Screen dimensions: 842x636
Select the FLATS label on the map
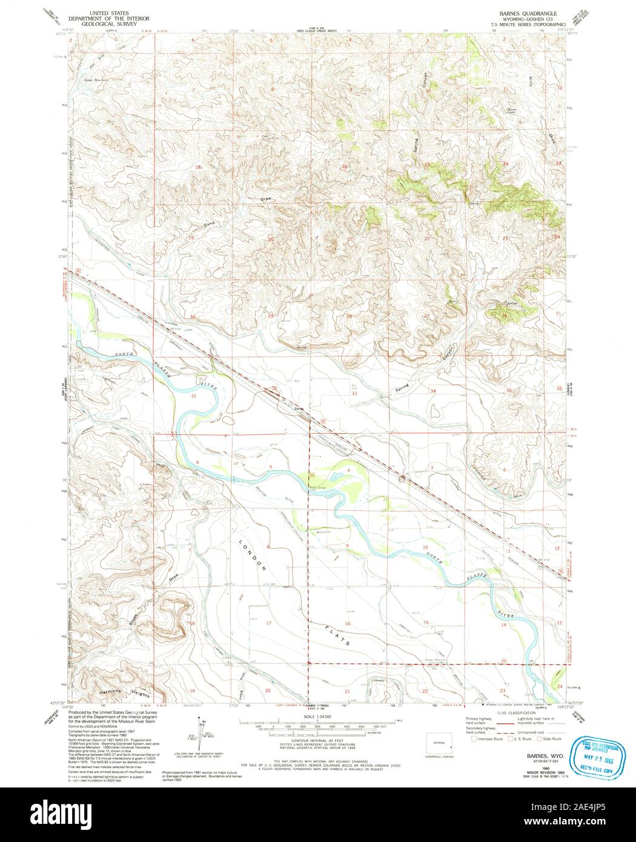tap(331, 631)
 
